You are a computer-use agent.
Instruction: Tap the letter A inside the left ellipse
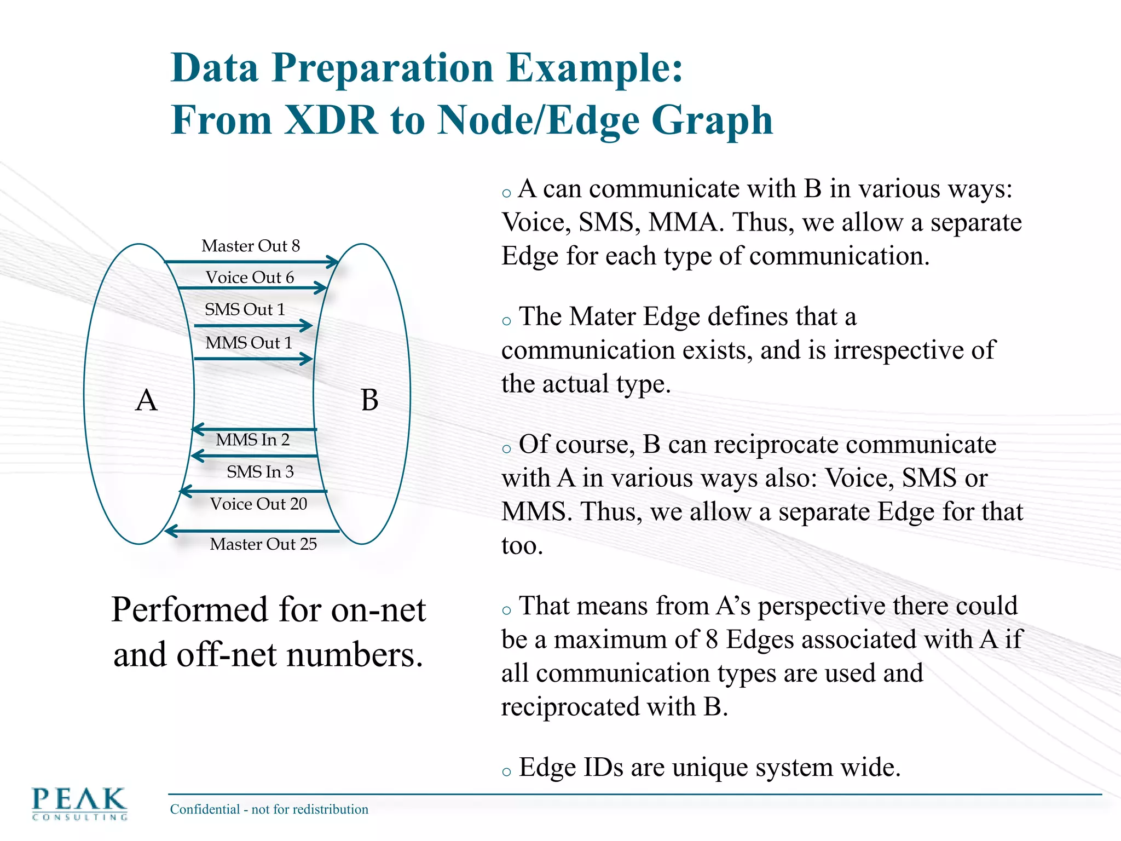pyautogui.click(x=146, y=400)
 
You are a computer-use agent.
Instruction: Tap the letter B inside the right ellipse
pyautogui.click(x=369, y=400)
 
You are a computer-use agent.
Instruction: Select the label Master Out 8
pyautogui.click(x=251, y=246)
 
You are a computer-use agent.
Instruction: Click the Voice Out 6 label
pyautogui.click(x=250, y=278)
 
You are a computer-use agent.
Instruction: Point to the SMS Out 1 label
pyautogui.click(x=245, y=309)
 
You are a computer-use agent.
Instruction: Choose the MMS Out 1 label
pyautogui.click(x=249, y=343)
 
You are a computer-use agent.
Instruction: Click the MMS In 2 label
pyautogui.click(x=252, y=440)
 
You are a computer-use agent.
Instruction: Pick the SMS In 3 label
pyautogui.click(x=260, y=471)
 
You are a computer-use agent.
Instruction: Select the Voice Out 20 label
pyautogui.click(x=258, y=504)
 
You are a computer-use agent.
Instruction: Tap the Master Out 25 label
pyautogui.click(x=263, y=544)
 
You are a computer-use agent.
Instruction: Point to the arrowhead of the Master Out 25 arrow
pyautogui.click(x=170, y=531)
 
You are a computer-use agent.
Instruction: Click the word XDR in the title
pyautogui.click(x=331, y=120)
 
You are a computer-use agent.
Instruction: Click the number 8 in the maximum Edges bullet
pyautogui.click(x=712, y=640)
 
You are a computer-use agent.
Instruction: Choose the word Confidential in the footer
pyautogui.click(x=205, y=809)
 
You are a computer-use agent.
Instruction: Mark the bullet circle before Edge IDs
pyautogui.click(x=506, y=772)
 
